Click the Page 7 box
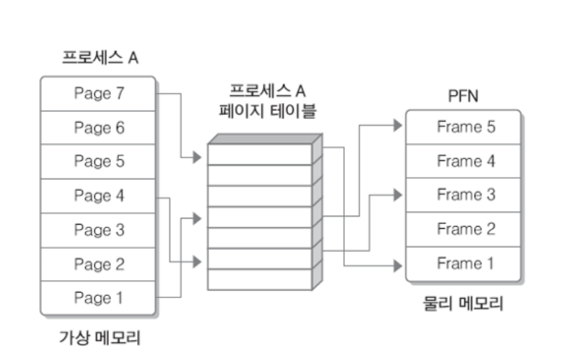point(98,93)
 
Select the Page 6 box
point(98,128)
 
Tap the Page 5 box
point(98,161)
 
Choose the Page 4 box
point(98,196)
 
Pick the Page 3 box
point(98,230)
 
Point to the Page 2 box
point(98,264)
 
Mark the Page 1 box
point(98,298)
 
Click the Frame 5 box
point(465,127)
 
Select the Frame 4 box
point(465,161)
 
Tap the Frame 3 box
point(465,195)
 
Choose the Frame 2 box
point(465,229)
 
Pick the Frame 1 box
point(465,263)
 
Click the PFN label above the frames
point(462,96)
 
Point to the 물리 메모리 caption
point(462,303)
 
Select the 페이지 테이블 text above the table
point(265,110)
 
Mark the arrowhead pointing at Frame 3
point(397,194)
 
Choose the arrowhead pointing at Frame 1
point(397,263)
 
